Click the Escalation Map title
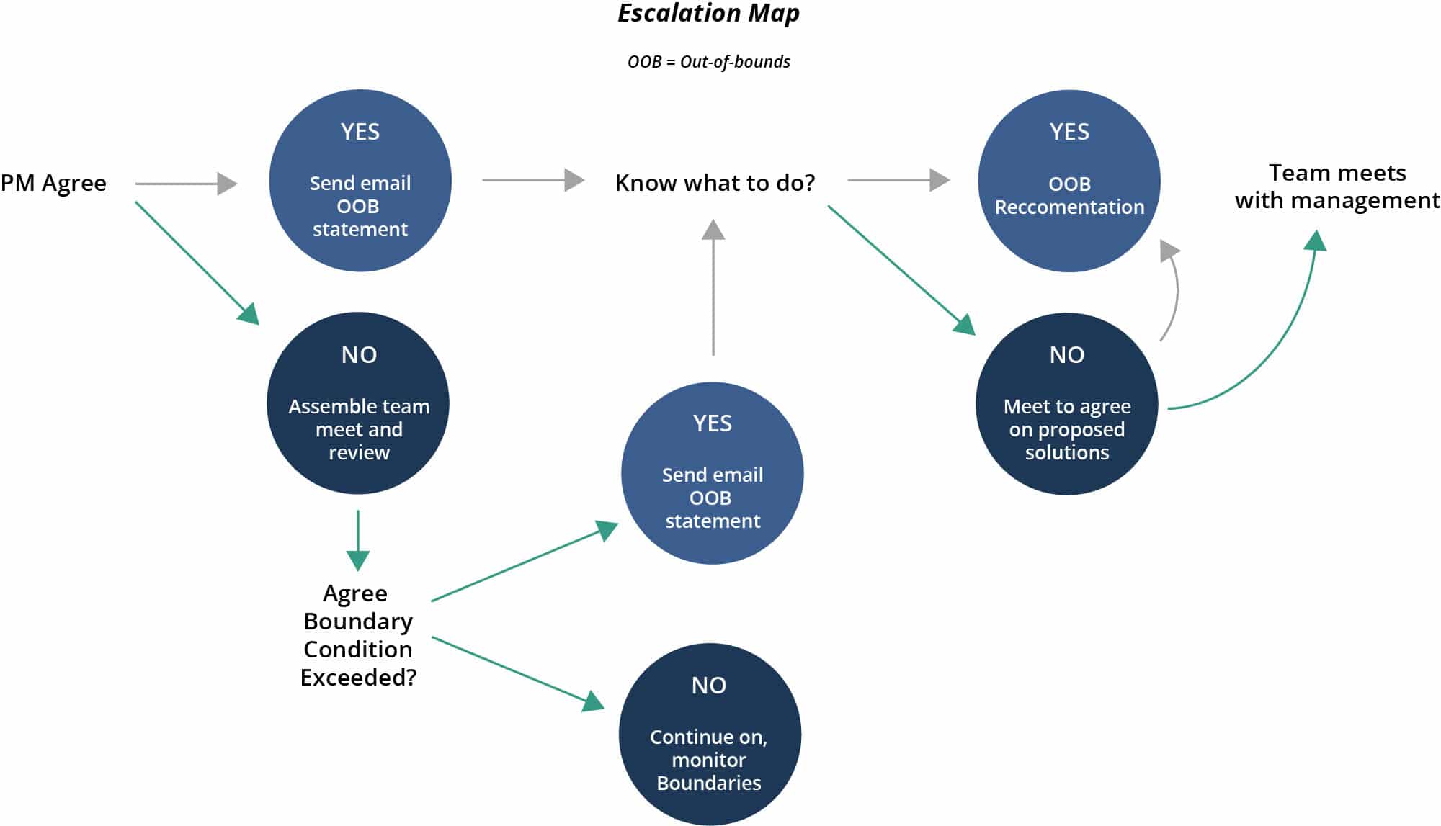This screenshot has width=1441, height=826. (x=708, y=14)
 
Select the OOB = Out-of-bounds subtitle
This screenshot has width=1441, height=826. (x=708, y=62)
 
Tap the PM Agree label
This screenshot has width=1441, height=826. (x=53, y=183)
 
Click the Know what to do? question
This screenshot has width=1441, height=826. (x=715, y=183)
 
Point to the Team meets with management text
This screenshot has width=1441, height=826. (x=1337, y=187)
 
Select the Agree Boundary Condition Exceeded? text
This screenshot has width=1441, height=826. (x=358, y=634)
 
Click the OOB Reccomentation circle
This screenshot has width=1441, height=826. (x=1069, y=181)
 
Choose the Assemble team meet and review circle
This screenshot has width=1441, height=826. (x=358, y=403)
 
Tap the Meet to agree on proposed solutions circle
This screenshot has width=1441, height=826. (x=1067, y=404)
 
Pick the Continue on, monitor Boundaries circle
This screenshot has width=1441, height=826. (x=710, y=734)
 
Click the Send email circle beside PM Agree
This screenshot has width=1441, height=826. (x=360, y=181)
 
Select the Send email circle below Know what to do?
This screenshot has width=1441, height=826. (x=713, y=473)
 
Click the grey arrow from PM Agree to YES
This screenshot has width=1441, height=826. (x=186, y=184)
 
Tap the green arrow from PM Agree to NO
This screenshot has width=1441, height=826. (x=196, y=262)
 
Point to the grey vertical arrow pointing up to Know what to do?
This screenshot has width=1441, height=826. (x=713, y=288)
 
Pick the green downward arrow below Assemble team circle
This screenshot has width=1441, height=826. (x=358, y=540)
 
